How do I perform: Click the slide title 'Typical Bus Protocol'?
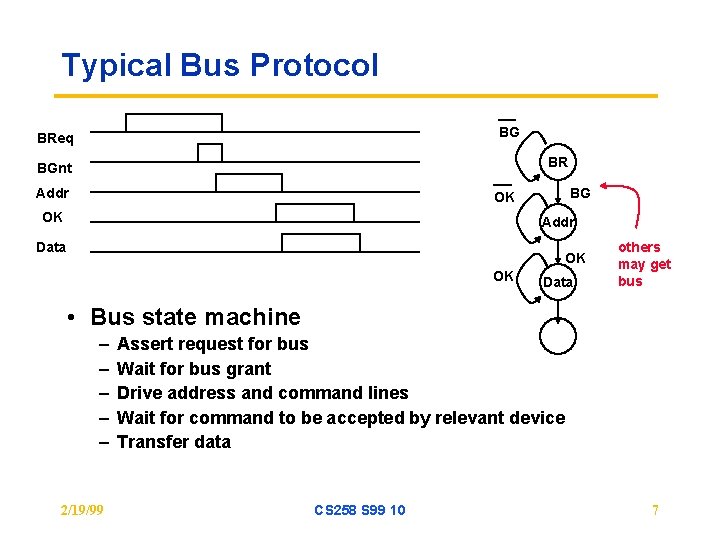[x=220, y=66]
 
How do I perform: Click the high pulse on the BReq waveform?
[x=173, y=122]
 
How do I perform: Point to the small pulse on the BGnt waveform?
[x=210, y=152]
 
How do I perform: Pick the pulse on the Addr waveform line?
[x=248, y=182]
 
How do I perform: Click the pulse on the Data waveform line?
[x=320, y=242]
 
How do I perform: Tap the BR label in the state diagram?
[x=558, y=162]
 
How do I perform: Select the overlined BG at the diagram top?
[x=509, y=131]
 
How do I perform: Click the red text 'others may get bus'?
[x=644, y=264]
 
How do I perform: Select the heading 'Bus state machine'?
[x=195, y=317]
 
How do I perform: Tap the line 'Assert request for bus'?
[x=212, y=344]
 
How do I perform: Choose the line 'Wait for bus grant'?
[x=194, y=369]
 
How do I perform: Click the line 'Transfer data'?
[x=174, y=442]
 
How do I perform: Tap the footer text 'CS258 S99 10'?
[x=360, y=510]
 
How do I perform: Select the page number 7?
[x=655, y=510]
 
